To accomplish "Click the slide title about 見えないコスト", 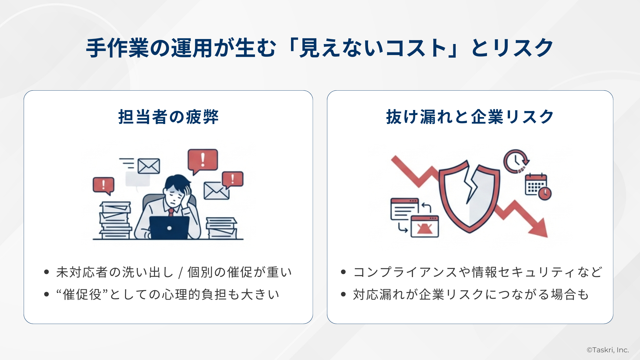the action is point(319,48).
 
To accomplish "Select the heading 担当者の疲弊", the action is point(168,117).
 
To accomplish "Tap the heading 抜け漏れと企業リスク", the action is point(470,117).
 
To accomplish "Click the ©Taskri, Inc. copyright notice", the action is point(608,350).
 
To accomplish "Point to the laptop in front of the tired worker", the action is point(169,227).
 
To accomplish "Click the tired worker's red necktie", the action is point(171,212).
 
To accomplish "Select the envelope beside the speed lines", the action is point(149,166).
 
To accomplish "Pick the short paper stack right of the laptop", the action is point(221,228).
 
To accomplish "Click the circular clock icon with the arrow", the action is point(515,161).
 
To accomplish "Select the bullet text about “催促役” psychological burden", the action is point(168,295).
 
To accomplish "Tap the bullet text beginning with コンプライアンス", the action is point(477,272).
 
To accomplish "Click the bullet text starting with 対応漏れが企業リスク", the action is point(471,295).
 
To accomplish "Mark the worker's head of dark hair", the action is point(177,183).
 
